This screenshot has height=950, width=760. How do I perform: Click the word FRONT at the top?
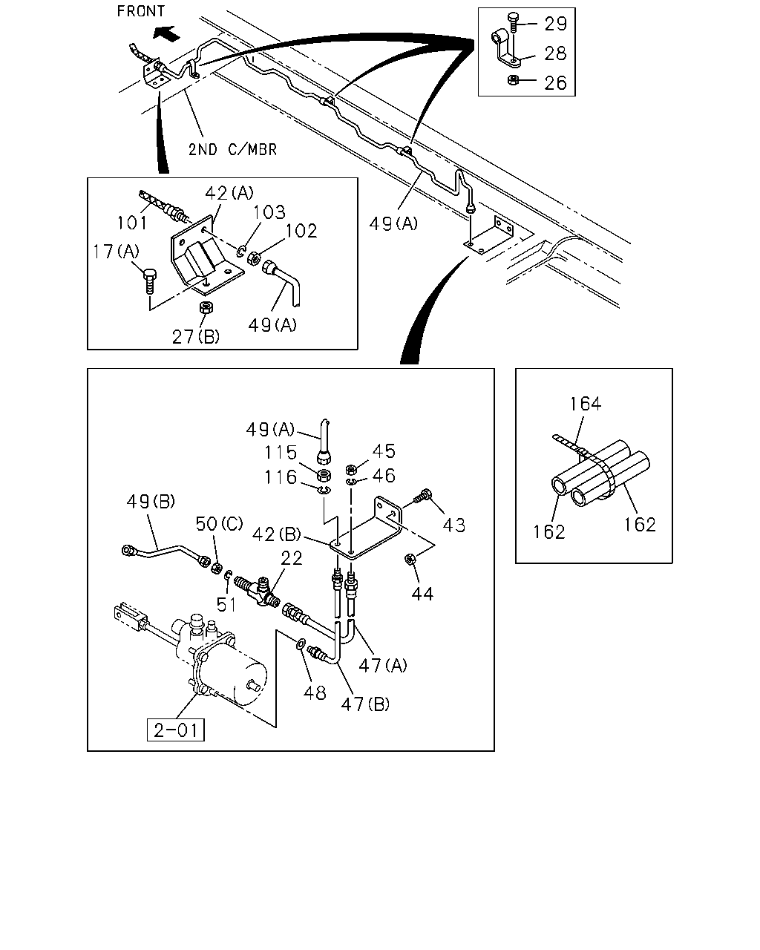click(140, 11)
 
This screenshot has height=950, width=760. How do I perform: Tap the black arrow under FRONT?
click(167, 33)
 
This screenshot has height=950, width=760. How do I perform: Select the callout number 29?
click(555, 24)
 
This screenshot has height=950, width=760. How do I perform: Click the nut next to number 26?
click(513, 80)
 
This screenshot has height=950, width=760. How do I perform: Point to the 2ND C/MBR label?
click(232, 150)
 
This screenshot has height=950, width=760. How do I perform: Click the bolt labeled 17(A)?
click(149, 281)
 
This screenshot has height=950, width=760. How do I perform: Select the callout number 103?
click(269, 212)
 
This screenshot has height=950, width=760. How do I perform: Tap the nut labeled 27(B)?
click(206, 307)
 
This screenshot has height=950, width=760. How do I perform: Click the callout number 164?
click(585, 404)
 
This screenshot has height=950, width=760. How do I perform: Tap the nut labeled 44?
click(410, 560)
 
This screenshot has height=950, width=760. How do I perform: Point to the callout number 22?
click(292, 558)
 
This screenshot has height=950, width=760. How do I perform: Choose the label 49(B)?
click(151, 501)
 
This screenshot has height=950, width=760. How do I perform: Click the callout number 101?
click(131, 223)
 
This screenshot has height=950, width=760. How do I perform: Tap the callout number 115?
click(280, 453)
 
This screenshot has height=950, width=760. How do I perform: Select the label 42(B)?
click(276, 534)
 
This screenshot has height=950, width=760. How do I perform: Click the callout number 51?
click(226, 604)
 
